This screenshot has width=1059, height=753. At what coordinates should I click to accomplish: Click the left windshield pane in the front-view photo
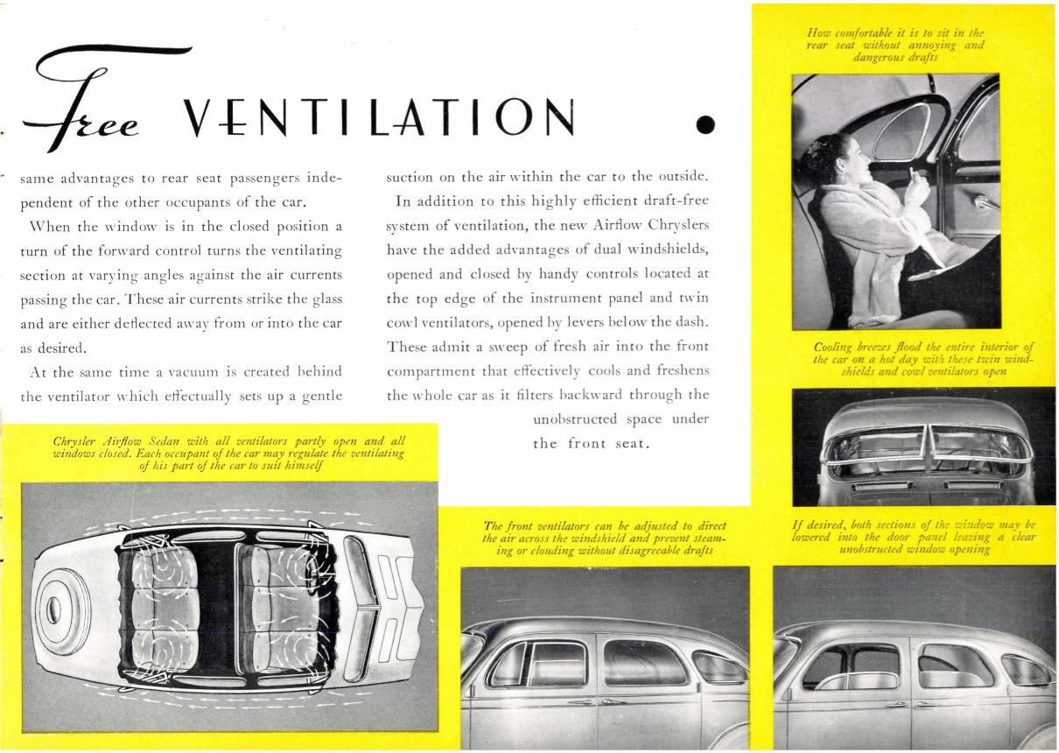tap(875, 446)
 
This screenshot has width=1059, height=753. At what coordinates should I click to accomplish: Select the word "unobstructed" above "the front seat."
tap(575, 419)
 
